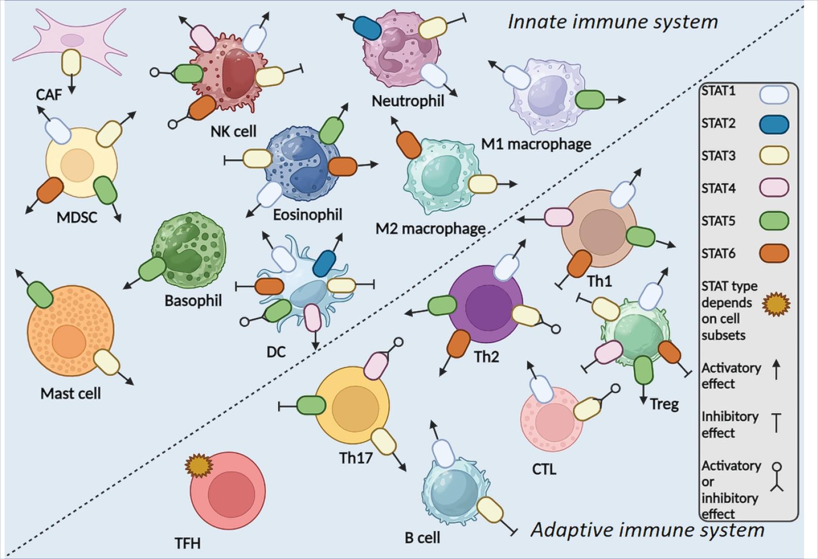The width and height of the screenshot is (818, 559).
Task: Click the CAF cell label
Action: click(49, 94)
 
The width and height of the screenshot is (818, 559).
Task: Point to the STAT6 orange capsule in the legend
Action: click(774, 253)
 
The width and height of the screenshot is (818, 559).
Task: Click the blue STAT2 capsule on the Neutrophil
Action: click(367, 27)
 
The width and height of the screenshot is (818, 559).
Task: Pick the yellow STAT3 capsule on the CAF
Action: click(71, 62)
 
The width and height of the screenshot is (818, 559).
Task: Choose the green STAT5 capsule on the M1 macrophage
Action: click(590, 100)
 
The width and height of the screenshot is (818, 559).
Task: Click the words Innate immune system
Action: click(613, 22)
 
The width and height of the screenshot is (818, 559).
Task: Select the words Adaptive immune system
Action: click(647, 530)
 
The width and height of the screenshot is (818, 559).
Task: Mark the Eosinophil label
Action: click(307, 215)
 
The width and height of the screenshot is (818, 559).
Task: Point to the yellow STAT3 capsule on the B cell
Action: click(490, 510)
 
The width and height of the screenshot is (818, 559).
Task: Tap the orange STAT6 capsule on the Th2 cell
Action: click(459, 343)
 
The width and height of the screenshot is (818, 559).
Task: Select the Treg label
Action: click(664, 404)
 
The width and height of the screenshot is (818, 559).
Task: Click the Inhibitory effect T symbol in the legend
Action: click(776, 423)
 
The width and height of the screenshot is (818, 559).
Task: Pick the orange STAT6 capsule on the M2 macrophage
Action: click(408, 145)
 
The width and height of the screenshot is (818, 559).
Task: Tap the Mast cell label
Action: click(71, 393)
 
